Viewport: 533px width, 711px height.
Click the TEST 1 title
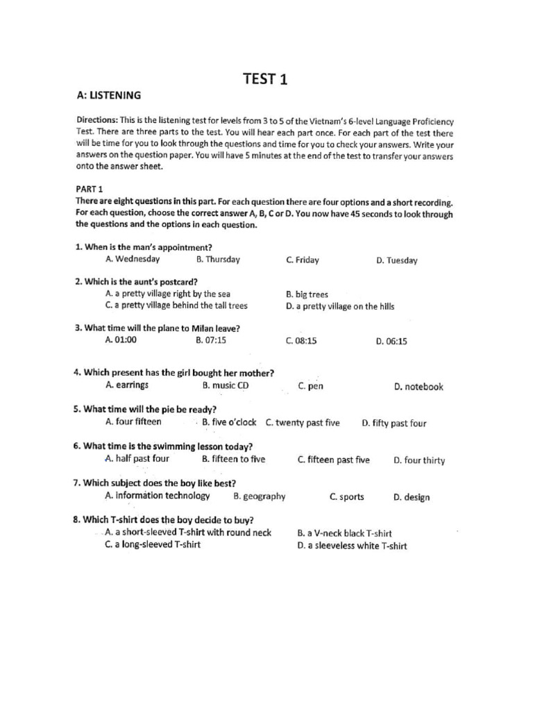[x=264, y=79]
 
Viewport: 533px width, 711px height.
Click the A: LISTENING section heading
[x=108, y=95]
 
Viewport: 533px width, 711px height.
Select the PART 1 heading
[x=89, y=189]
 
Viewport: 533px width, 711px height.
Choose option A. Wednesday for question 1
[x=133, y=259]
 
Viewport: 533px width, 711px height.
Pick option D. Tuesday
[x=397, y=260]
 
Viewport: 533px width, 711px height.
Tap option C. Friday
[x=303, y=260]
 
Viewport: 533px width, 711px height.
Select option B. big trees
[x=307, y=294]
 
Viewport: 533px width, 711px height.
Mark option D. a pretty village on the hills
[x=340, y=306]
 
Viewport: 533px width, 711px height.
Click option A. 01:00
[x=121, y=340]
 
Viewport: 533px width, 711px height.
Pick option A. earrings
[x=127, y=385]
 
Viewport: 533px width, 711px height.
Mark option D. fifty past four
[x=394, y=424]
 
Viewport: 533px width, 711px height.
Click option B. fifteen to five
[x=233, y=459]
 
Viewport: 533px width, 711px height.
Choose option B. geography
[x=260, y=496]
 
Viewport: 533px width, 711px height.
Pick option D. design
[x=412, y=497]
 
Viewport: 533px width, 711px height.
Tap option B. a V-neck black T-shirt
[x=344, y=533]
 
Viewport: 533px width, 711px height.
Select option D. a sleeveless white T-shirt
[x=352, y=546]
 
